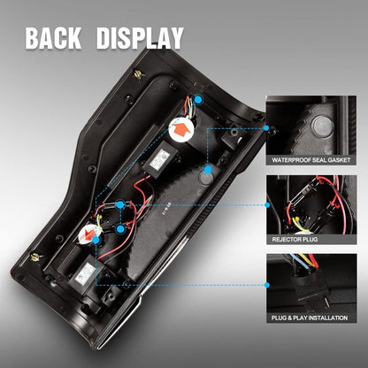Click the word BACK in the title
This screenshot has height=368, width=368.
(53, 38)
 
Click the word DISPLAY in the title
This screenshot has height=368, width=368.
(140, 38)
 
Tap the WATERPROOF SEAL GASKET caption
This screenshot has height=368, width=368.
(311, 160)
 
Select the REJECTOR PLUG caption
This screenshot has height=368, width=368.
(295, 239)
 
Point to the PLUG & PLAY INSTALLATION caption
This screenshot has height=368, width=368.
(310, 318)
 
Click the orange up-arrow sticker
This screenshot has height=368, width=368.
(181, 130)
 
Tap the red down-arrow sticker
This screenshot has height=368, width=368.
(88, 234)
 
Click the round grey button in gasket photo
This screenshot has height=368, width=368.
(323, 126)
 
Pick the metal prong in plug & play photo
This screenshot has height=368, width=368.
(326, 302)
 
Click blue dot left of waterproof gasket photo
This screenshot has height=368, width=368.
(266, 128)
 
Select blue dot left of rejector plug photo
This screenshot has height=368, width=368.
(267, 205)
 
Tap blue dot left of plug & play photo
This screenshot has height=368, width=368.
(267, 285)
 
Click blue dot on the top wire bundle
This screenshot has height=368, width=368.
(198, 99)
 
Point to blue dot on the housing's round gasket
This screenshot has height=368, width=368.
(208, 170)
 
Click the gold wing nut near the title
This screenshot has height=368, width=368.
(138, 74)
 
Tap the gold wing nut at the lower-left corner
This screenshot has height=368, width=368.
(36, 257)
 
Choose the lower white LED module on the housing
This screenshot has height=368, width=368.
(85, 272)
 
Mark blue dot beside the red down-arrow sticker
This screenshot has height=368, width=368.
(96, 240)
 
